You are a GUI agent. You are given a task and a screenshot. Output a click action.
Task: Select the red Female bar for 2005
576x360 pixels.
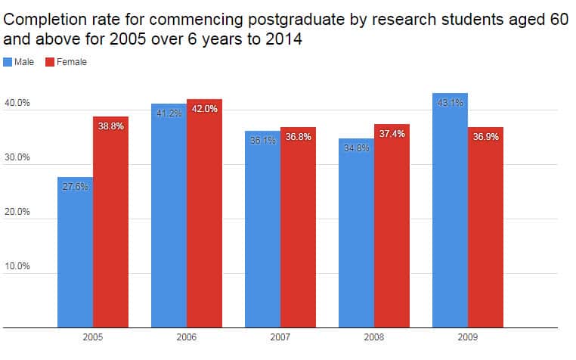(x=110, y=227)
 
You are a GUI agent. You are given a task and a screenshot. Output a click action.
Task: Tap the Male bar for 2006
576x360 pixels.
(x=169, y=219)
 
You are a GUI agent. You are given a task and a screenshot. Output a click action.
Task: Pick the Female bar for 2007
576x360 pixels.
(x=298, y=231)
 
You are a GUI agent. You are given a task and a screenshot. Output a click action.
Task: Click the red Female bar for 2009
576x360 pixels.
(x=485, y=231)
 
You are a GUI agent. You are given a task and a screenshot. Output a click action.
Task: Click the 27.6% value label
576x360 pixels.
(x=75, y=187)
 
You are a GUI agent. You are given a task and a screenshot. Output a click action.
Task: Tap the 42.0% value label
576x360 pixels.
(x=204, y=109)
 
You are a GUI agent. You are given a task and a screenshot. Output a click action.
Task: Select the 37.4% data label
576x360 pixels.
(x=392, y=134)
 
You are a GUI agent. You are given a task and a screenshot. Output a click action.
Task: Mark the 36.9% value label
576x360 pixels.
(x=485, y=137)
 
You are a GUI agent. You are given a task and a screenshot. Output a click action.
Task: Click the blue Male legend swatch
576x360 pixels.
(x=8, y=62)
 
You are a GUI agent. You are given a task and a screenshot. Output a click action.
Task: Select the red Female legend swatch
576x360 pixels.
(x=51, y=62)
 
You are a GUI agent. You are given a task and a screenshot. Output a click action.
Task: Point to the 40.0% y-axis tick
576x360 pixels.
(x=17, y=103)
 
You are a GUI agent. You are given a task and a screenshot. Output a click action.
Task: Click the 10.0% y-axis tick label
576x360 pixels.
(x=17, y=266)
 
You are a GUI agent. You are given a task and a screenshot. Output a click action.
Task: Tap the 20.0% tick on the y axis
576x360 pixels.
(x=17, y=212)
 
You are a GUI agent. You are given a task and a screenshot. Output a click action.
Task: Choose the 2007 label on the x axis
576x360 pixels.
(x=280, y=337)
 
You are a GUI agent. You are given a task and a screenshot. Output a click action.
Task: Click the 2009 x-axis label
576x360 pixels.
(x=467, y=337)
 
